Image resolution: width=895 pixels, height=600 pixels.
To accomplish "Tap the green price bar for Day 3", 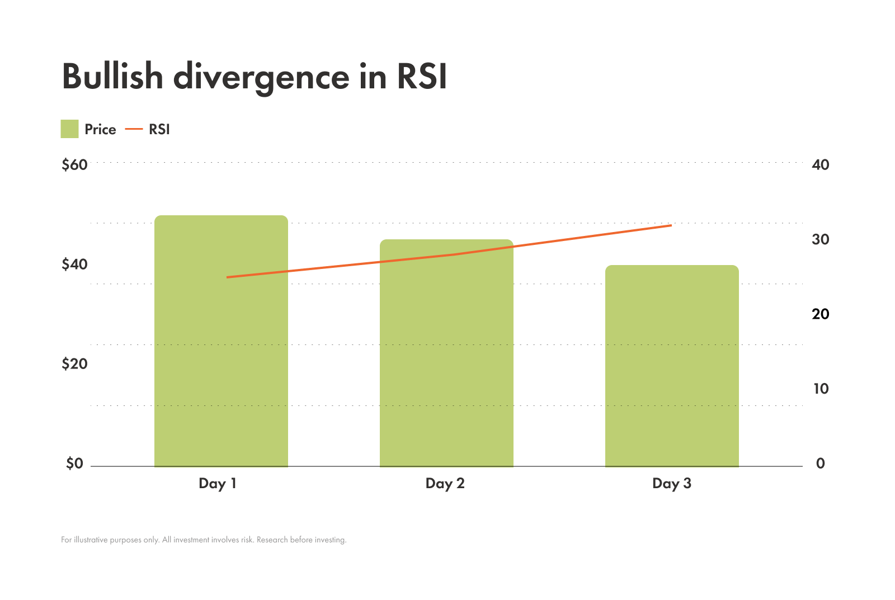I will pos(672,369).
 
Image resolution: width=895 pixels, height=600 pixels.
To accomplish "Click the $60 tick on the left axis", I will pos(74,165).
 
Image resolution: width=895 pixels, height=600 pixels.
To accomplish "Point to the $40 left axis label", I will pos(74,264).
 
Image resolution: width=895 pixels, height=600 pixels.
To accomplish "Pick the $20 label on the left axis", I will pos(74,364).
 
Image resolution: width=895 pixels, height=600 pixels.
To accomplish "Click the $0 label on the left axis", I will pos(74,464).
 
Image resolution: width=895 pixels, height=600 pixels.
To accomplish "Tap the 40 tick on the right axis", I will pos(820,165).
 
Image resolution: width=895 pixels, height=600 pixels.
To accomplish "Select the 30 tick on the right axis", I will pos(820,239).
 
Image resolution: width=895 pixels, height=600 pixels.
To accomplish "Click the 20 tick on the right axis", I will pos(820,314).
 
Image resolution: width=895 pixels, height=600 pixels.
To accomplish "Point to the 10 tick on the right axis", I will pos(820,389).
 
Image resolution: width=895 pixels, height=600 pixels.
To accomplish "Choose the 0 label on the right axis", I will pos(820,464).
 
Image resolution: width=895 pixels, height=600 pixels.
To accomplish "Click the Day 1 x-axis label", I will pos(218,484).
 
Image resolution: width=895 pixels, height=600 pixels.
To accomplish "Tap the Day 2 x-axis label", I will pos(445,484).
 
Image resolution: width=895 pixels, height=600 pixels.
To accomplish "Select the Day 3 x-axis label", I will pos(671,484).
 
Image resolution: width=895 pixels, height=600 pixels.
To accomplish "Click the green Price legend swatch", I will pos(69,129).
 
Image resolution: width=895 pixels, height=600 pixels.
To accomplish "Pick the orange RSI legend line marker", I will pos(134,129).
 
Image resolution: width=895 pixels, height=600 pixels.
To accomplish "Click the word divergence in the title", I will pos(261,77).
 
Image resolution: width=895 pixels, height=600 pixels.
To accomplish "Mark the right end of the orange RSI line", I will pos(670,225).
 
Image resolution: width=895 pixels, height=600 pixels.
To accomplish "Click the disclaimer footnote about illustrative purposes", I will pos(204,540).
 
